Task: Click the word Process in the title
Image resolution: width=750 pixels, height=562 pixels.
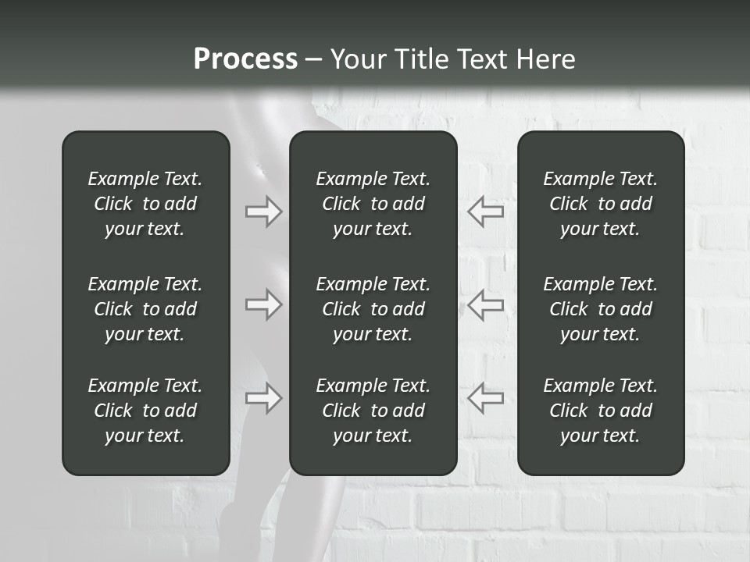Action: (x=245, y=59)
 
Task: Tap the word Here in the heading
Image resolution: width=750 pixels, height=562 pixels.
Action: (x=545, y=59)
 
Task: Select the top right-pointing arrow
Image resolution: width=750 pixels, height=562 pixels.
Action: (x=264, y=212)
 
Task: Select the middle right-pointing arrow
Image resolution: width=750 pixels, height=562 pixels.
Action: (x=264, y=304)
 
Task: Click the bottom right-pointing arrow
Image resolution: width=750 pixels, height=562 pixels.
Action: (x=264, y=398)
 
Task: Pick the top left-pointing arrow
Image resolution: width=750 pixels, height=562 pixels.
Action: (x=486, y=212)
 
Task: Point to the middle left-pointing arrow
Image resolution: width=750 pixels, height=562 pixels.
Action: (x=486, y=304)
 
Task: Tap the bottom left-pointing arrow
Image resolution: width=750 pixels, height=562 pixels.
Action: (x=486, y=398)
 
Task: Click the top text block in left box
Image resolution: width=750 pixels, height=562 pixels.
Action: (x=145, y=204)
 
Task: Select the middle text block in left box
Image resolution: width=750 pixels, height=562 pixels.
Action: (x=145, y=309)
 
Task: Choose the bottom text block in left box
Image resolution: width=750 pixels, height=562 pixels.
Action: (x=145, y=411)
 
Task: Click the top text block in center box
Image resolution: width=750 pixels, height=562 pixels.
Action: (x=373, y=204)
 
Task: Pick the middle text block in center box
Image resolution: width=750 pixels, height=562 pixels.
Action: (x=373, y=309)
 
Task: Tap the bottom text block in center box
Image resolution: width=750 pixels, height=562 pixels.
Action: (x=373, y=411)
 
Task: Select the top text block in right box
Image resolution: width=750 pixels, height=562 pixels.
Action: (x=601, y=204)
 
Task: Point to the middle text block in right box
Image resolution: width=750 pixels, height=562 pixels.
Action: (x=601, y=309)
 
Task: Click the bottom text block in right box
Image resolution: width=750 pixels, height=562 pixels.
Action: (x=601, y=411)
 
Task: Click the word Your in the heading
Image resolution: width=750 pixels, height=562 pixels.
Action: (x=358, y=59)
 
